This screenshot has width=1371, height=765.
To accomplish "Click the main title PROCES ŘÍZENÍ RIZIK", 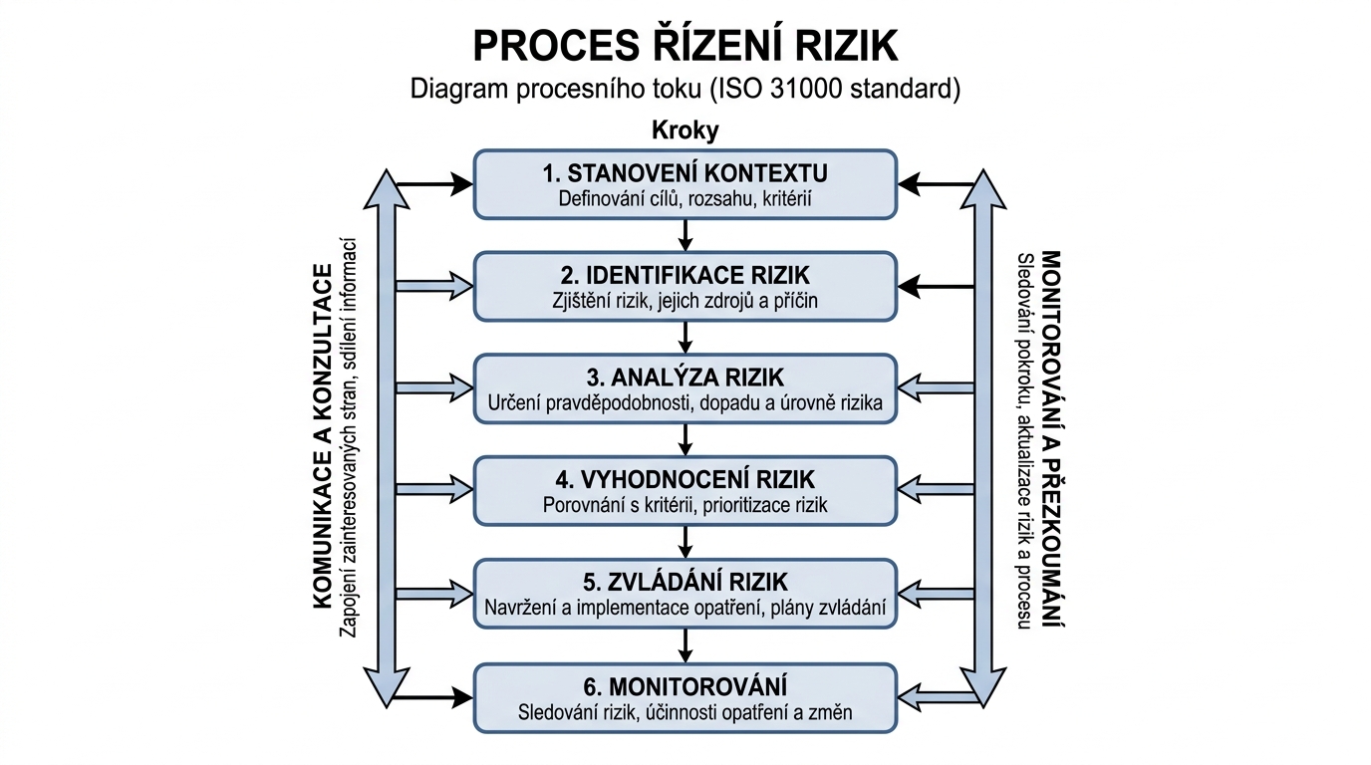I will (x=685, y=47).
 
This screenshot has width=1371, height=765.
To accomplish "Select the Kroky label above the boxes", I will (x=685, y=130).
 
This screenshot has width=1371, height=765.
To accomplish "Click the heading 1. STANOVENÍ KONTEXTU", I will (x=685, y=173).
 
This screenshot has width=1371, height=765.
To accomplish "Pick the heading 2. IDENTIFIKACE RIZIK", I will (x=685, y=275).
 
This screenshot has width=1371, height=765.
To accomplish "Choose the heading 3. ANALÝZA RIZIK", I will (x=685, y=378).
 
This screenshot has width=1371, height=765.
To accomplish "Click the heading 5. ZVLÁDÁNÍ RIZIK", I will (x=685, y=582).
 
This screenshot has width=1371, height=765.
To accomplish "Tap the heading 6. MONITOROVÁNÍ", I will (x=685, y=686).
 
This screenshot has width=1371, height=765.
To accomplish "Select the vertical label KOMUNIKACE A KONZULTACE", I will (x=322, y=436).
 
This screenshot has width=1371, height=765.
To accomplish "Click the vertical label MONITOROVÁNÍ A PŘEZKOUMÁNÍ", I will (x=1049, y=438).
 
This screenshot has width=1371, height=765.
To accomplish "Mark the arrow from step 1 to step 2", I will (x=685, y=235).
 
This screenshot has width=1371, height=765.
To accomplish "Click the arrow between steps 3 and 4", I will (x=685, y=439).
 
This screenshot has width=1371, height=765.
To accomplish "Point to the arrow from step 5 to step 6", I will (x=685, y=645).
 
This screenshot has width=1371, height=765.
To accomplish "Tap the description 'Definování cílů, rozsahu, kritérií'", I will (x=685, y=199).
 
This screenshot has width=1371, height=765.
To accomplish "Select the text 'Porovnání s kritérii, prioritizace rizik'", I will (x=685, y=505).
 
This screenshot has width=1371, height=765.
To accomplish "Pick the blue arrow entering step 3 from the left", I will (x=434, y=388).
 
